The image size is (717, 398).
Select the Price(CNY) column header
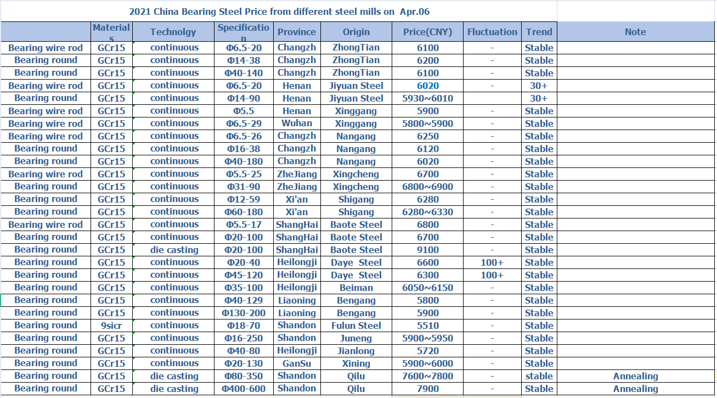[427, 32]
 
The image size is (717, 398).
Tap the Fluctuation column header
[492, 32]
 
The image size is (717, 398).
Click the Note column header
[635, 32]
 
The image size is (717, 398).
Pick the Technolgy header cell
[173, 32]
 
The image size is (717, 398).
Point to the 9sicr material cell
[111, 326]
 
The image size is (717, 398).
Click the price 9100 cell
[427, 250]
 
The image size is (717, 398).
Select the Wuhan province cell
[297, 124]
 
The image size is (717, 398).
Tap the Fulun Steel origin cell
[356, 326]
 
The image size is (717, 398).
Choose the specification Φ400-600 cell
[244, 389]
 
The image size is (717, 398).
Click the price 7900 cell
[427, 389]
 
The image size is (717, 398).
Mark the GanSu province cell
[297, 363]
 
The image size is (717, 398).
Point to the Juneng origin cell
[356, 338]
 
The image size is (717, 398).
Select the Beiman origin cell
[356, 288]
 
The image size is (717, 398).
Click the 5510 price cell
[427, 326]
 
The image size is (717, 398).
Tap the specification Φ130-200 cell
[244, 313]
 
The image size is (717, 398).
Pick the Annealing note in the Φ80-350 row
[635, 376]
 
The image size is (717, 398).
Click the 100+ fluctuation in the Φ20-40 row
[492, 262]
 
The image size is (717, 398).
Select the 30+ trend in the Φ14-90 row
[539, 98]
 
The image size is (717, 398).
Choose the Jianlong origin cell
[356, 351]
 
